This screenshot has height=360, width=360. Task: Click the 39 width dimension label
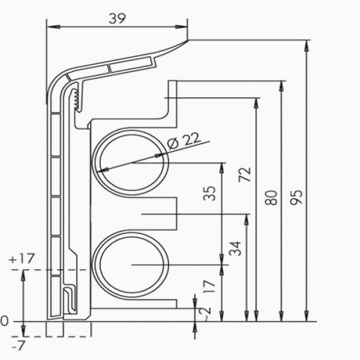[118, 19]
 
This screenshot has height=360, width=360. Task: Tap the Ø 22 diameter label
[183, 141]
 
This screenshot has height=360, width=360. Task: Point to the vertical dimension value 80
[272, 197]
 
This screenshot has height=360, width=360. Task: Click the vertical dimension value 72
[245, 174]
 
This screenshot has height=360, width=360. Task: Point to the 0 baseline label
[5, 322]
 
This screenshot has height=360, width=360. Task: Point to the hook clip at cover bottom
[69, 299]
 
